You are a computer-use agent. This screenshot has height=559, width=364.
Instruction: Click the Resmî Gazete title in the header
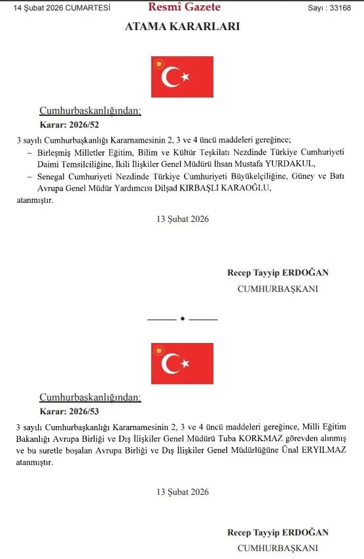tap(184, 8)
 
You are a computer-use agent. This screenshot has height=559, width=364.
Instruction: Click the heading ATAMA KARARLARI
tap(182, 27)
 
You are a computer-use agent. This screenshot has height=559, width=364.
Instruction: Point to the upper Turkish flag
tap(182, 77)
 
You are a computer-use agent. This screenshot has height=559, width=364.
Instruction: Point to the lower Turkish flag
tap(182, 363)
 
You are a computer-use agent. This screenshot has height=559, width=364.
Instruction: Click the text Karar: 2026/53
tap(69, 411)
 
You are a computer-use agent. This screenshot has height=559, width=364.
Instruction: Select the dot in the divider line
tap(182, 319)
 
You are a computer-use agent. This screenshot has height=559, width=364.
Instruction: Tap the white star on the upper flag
tap(185, 77)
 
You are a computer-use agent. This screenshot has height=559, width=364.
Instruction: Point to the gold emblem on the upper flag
tap(157, 64)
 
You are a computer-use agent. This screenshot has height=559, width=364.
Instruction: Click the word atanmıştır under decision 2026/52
tap(35, 200)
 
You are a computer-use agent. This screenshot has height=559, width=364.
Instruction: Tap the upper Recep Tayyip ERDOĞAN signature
tap(278, 272)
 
